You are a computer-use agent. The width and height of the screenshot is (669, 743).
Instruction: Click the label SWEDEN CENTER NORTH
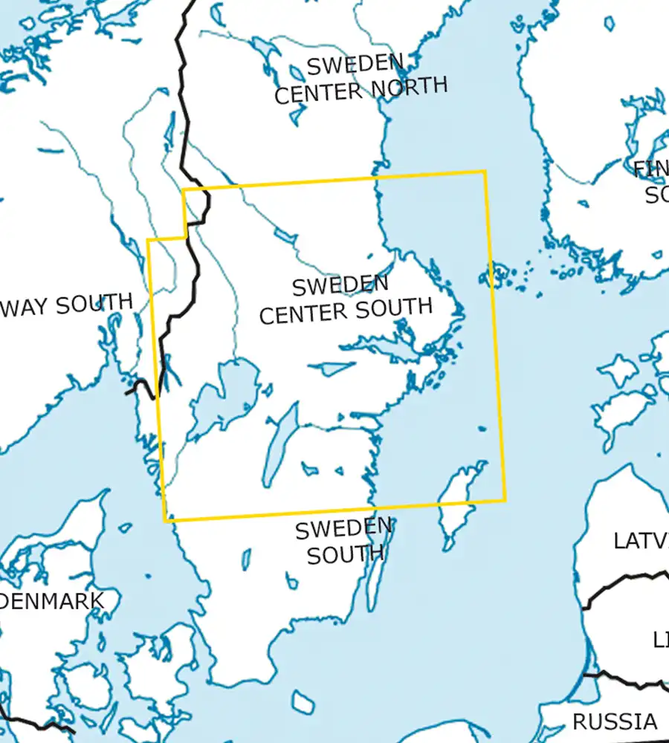361,78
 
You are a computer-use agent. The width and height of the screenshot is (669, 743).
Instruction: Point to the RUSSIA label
614,721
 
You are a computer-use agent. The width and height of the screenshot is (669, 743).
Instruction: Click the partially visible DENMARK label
52,600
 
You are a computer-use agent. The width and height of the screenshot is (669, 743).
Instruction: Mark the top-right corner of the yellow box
485,172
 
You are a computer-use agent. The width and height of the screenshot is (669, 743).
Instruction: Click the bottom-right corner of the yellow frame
505,499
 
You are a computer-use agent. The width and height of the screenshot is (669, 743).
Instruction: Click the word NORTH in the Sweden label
410,86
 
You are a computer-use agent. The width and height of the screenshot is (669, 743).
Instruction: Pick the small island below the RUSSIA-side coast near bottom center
303,701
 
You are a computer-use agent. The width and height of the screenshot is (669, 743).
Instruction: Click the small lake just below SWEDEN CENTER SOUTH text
329,369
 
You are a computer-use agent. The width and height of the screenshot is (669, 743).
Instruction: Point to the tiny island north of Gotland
484,429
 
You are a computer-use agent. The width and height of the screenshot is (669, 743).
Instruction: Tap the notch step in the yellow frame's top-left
184,239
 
